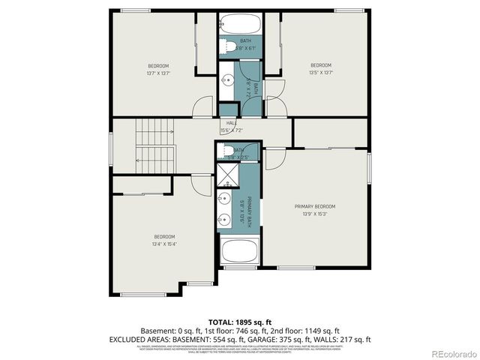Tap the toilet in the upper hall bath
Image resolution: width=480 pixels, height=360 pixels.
click(227, 46)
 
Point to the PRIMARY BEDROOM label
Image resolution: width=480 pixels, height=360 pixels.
click(314, 206)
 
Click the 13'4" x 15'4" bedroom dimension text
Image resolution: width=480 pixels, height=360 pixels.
click(165, 244)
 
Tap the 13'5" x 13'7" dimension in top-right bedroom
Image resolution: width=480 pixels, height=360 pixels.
click(321, 73)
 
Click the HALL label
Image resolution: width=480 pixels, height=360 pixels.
click(231, 123)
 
